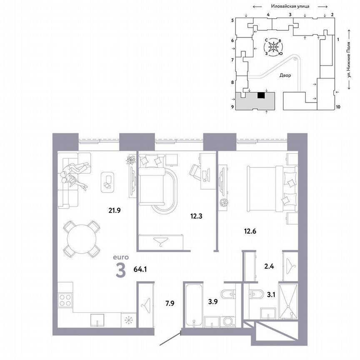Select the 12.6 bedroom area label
[250, 230]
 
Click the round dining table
[81, 239]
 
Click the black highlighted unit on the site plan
[261, 95]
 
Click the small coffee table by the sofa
[108, 182]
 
